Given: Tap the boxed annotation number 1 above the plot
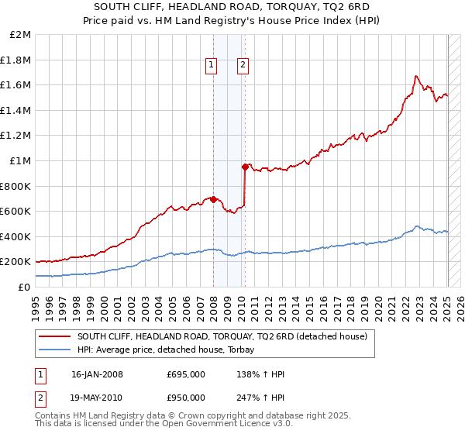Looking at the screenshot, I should point(211,66).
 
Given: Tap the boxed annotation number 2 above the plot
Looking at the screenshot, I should point(243,66).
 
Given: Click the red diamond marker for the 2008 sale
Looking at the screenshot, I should point(213,199).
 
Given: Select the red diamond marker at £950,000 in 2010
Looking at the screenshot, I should point(245,167).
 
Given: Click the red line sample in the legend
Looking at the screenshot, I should point(55,336).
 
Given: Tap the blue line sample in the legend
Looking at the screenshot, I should point(55,350).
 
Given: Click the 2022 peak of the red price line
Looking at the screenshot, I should point(416,76).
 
